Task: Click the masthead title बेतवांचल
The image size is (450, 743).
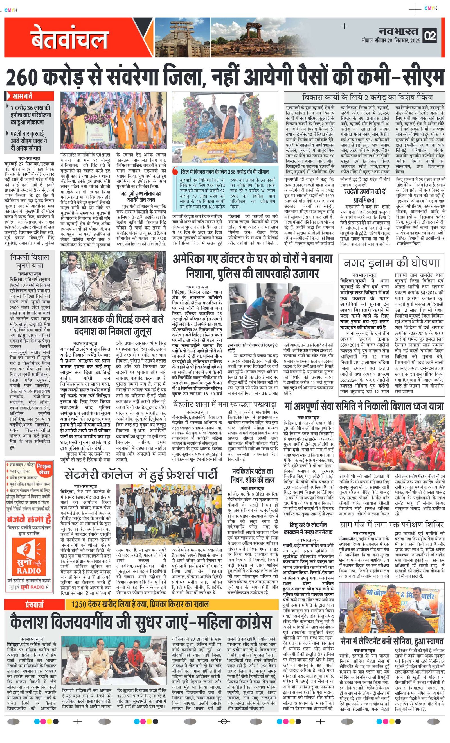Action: pyautogui.click(x=69, y=38)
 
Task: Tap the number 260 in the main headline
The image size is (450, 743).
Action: pyautogui.click(x=23, y=78)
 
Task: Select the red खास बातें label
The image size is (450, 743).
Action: pyautogui.click(x=30, y=96)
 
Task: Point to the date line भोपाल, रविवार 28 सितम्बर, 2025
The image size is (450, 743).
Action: pyautogui.click(x=391, y=41)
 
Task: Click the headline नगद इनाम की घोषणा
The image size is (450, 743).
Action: pyautogui.click(x=391, y=263)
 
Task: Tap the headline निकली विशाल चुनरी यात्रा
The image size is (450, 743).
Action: pyautogui.click(x=29, y=261)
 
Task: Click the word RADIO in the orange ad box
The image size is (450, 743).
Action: pyautogui.click(x=29, y=571)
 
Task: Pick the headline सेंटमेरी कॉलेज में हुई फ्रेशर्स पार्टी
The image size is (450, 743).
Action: pyautogui.click(x=141, y=475)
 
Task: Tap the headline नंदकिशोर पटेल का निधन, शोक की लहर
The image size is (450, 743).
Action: pyautogui.click(x=253, y=475)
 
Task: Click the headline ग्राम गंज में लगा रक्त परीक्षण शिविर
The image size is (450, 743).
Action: pyautogui.click(x=391, y=524)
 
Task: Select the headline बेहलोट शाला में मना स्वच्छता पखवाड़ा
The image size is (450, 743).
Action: pyautogui.click(x=225, y=404)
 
